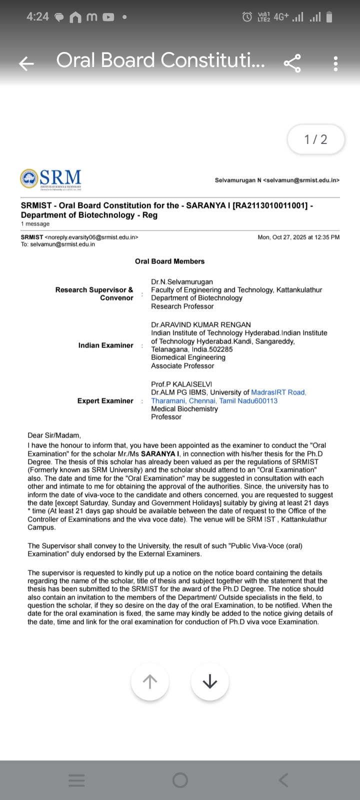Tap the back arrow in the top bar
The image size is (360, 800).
point(26,63)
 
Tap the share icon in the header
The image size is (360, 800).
point(292,63)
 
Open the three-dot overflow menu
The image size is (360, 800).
point(335,63)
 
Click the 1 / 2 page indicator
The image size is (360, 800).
point(315,139)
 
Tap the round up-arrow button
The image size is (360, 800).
point(150,681)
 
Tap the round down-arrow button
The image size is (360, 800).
point(210,681)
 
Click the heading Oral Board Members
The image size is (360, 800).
point(169,261)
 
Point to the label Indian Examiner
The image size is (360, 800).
point(105,345)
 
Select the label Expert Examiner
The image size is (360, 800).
point(105,401)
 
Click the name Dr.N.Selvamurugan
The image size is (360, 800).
point(182,282)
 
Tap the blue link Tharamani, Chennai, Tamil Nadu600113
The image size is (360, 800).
point(214,401)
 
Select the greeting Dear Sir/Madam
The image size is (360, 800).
point(54,435)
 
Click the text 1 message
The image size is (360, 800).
point(35,224)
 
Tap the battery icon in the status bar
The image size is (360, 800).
point(329,17)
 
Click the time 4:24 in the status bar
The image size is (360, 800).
point(37,17)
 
